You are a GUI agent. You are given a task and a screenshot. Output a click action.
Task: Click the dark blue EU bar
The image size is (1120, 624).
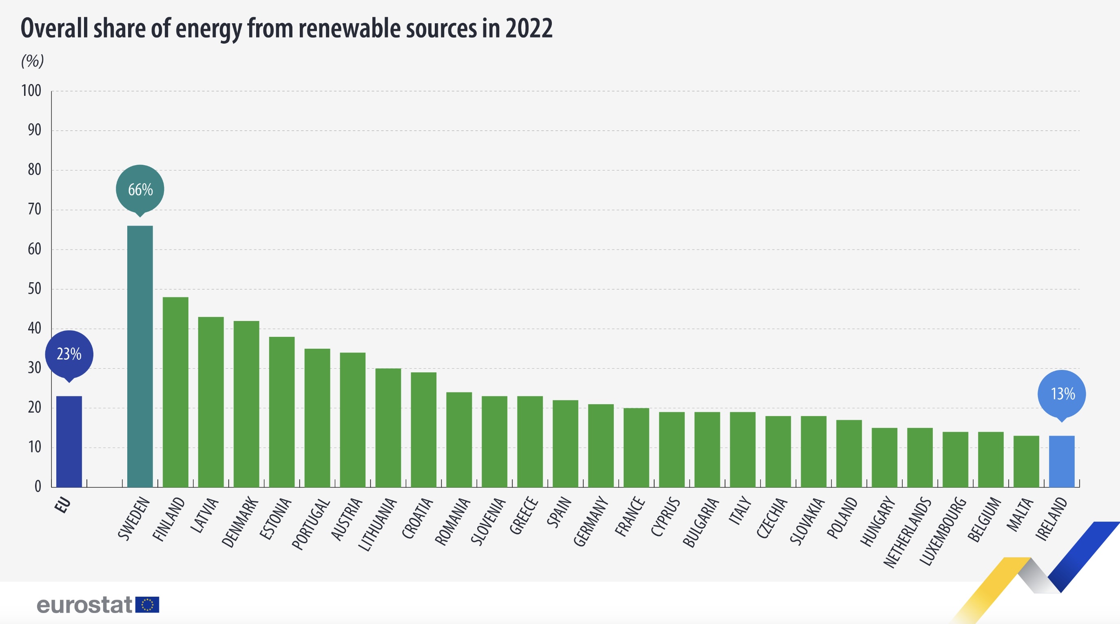69,441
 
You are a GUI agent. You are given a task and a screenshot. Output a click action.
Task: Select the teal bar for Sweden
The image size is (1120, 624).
140,356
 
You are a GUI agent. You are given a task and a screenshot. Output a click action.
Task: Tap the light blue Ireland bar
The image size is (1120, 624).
1061,461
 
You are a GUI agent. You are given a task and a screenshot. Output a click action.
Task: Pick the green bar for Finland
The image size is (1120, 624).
175,392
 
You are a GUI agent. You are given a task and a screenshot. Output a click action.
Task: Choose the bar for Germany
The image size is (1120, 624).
601,446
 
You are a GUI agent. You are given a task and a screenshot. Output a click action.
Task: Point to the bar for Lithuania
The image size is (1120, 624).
388,428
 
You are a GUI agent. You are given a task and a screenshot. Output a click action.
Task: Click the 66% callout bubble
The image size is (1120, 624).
140,190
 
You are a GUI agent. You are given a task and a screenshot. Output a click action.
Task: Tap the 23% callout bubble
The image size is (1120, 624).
69,354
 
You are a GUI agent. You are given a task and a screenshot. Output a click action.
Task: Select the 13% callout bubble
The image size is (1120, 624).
1061,394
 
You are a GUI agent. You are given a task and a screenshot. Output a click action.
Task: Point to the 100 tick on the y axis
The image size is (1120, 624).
31,91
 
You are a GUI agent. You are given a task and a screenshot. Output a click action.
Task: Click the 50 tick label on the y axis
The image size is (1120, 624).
34,289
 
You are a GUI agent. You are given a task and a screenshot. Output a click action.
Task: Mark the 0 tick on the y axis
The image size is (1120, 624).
38,487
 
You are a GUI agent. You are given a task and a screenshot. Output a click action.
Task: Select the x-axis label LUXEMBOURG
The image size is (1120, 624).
943,531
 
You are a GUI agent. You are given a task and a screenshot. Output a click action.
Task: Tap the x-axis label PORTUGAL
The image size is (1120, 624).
310,524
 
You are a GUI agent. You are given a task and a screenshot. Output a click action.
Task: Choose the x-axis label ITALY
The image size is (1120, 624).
740,511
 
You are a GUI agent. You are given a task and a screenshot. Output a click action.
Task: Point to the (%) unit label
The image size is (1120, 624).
33,61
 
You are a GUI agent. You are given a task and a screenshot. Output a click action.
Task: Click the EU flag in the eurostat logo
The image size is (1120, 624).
147,605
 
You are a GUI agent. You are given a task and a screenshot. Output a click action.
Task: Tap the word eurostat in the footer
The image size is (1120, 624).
84,605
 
